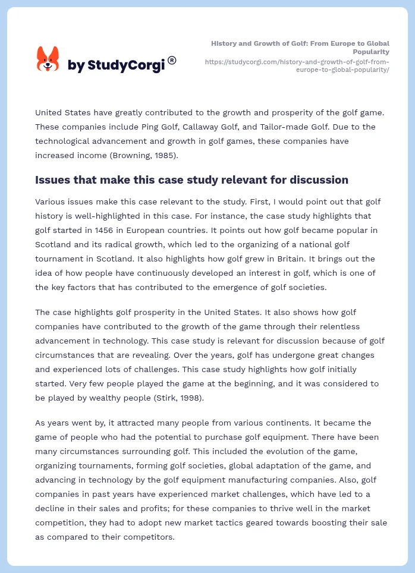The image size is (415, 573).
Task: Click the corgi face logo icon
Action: coord(48,59)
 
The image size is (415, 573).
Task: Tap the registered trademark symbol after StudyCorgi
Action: coord(172,60)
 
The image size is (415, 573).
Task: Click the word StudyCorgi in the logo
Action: coord(126,65)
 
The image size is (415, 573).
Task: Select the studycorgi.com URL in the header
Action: coord(297,65)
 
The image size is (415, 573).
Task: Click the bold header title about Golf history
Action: coord(300,48)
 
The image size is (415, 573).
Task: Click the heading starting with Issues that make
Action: coord(191,180)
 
